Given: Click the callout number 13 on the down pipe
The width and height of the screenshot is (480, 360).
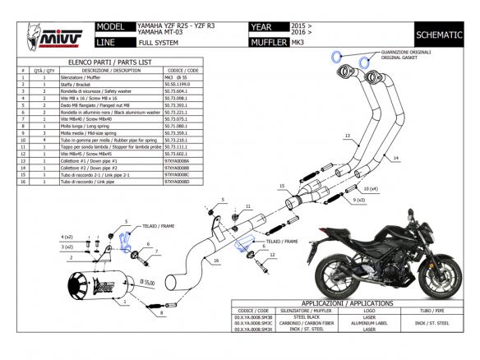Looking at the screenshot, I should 347,135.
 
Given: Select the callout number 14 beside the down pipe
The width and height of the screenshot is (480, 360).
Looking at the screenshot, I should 395,155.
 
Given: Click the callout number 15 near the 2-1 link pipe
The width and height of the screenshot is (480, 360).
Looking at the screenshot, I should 282,187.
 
